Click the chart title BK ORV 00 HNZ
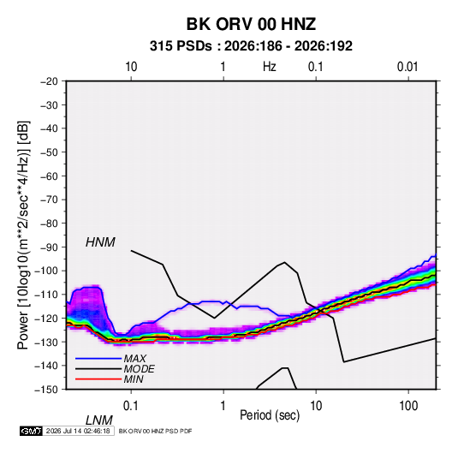click(251, 24)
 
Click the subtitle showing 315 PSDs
click(251, 46)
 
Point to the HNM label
click(100, 242)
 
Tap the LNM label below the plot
click(98, 420)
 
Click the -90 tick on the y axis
click(49, 247)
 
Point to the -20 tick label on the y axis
click(49, 81)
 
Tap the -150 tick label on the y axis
click(46, 390)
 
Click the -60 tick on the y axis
click(49, 176)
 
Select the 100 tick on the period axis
click(408, 406)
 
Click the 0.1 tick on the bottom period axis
click(130, 406)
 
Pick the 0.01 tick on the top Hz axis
click(407, 67)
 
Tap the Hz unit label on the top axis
click(269, 67)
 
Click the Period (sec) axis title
click(270, 415)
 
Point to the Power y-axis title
click(23, 235)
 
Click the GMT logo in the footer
click(31, 431)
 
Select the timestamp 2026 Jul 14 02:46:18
click(78, 431)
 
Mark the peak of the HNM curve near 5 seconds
click(284, 262)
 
